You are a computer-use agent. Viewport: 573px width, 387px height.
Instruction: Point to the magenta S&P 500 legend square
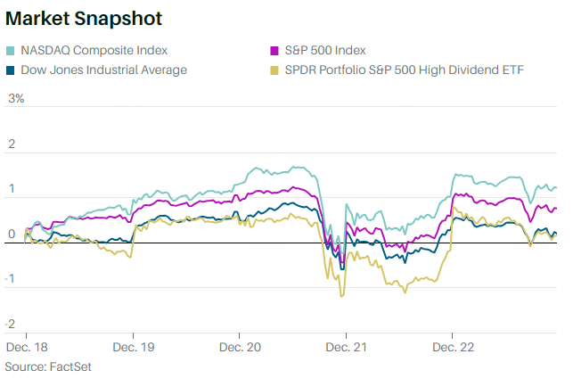click(x=275, y=50)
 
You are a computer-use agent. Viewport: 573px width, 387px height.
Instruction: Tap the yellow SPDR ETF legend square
click(x=275, y=70)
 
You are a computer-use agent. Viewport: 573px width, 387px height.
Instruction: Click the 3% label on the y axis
click(x=16, y=98)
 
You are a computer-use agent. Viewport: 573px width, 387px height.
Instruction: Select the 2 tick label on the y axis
click(x=12, y=144)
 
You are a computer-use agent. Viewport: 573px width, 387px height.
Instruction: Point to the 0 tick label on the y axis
click(x=12, y=235)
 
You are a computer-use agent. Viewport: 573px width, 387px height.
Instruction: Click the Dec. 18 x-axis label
click(x=28, y=346)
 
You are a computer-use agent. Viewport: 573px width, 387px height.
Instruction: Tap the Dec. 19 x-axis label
click(x=134, y=346)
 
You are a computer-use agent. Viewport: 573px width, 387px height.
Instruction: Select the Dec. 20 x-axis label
click(x=241, y=346)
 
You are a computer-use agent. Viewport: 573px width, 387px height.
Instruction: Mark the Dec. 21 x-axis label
click(x=346, y=346)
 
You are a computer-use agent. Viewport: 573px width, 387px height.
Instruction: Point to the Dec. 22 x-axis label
click(x=453, y=346)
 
